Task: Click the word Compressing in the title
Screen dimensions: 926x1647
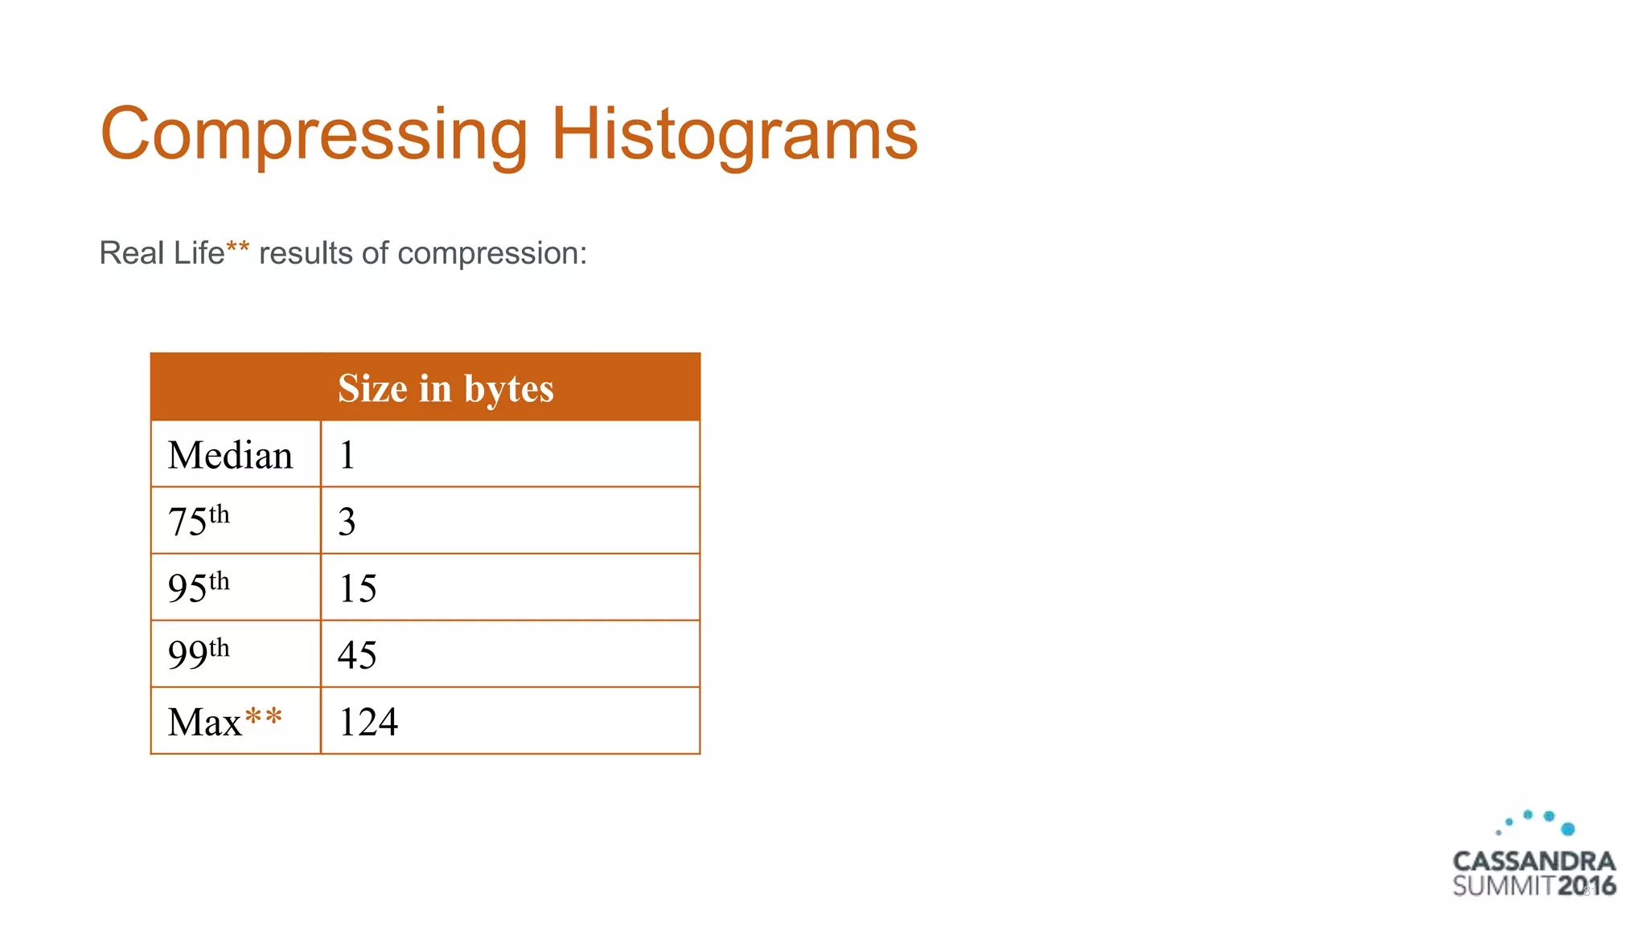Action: point(314,135)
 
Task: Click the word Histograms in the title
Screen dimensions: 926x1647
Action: point(733,135)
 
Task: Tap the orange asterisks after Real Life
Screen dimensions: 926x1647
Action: point(238,248)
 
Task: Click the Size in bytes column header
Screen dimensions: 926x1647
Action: point(446,388)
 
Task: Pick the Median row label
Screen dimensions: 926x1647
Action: point(230,455)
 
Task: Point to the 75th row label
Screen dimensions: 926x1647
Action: point(199,521)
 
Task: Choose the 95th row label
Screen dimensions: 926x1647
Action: point(199,588)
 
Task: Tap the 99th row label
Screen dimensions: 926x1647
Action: point(199,654)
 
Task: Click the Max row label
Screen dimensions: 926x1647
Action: point(205,722)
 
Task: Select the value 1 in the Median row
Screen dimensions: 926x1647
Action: point(347,455)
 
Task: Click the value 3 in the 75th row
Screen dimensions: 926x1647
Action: point(347,522)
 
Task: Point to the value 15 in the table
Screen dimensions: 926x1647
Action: point(358,588)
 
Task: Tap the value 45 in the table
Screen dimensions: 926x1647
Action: point(358,655)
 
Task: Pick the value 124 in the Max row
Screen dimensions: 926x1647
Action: point(368,722)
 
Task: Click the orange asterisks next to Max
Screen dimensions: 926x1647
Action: point(264,716)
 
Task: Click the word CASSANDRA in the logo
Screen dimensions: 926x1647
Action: point(1534,862)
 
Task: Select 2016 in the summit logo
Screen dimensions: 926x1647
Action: point(1587,887)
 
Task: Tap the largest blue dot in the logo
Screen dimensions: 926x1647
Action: point(1567,829)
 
